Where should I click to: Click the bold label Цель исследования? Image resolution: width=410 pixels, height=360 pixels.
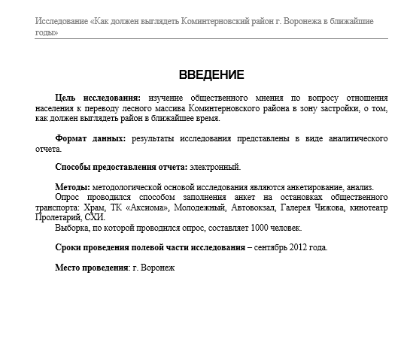pos(98,98)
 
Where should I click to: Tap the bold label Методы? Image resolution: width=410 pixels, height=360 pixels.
pos(73,186)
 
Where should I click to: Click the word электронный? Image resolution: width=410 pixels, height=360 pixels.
pos(215,166)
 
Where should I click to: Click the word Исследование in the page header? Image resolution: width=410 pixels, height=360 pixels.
pos(60,22)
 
